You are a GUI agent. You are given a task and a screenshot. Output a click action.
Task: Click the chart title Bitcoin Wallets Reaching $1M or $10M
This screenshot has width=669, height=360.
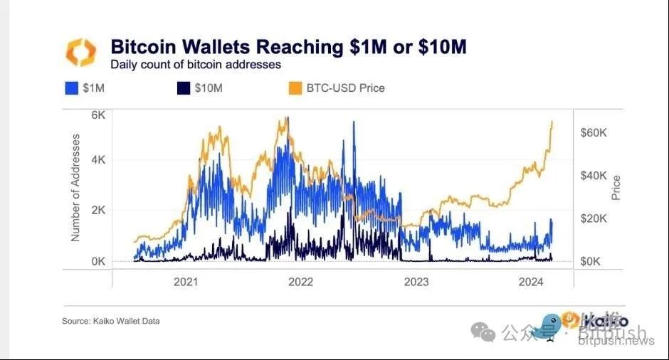[288, 47]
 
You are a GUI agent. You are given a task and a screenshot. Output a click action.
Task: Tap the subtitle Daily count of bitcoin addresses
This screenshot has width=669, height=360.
[195, 65]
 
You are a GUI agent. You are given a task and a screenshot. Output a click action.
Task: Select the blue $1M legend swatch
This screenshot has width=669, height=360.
[71, 89]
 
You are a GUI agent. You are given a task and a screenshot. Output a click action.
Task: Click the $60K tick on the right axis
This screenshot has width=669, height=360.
[594, 133]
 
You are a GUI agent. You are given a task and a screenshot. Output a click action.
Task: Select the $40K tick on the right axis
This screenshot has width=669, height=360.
[594, 176]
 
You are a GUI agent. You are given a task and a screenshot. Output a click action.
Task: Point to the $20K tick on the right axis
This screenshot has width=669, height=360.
[594, 218]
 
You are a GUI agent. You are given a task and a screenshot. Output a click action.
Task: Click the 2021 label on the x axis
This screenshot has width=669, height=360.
[186, 282]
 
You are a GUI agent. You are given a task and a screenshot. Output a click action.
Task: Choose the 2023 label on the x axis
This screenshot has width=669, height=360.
[416, 282]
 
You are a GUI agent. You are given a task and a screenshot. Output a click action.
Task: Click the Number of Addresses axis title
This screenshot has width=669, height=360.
[75, 186]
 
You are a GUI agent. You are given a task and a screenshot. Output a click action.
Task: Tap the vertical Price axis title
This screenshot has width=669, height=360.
[616, 187]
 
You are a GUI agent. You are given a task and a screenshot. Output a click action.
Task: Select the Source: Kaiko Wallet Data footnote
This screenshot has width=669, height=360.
[110, 322]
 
